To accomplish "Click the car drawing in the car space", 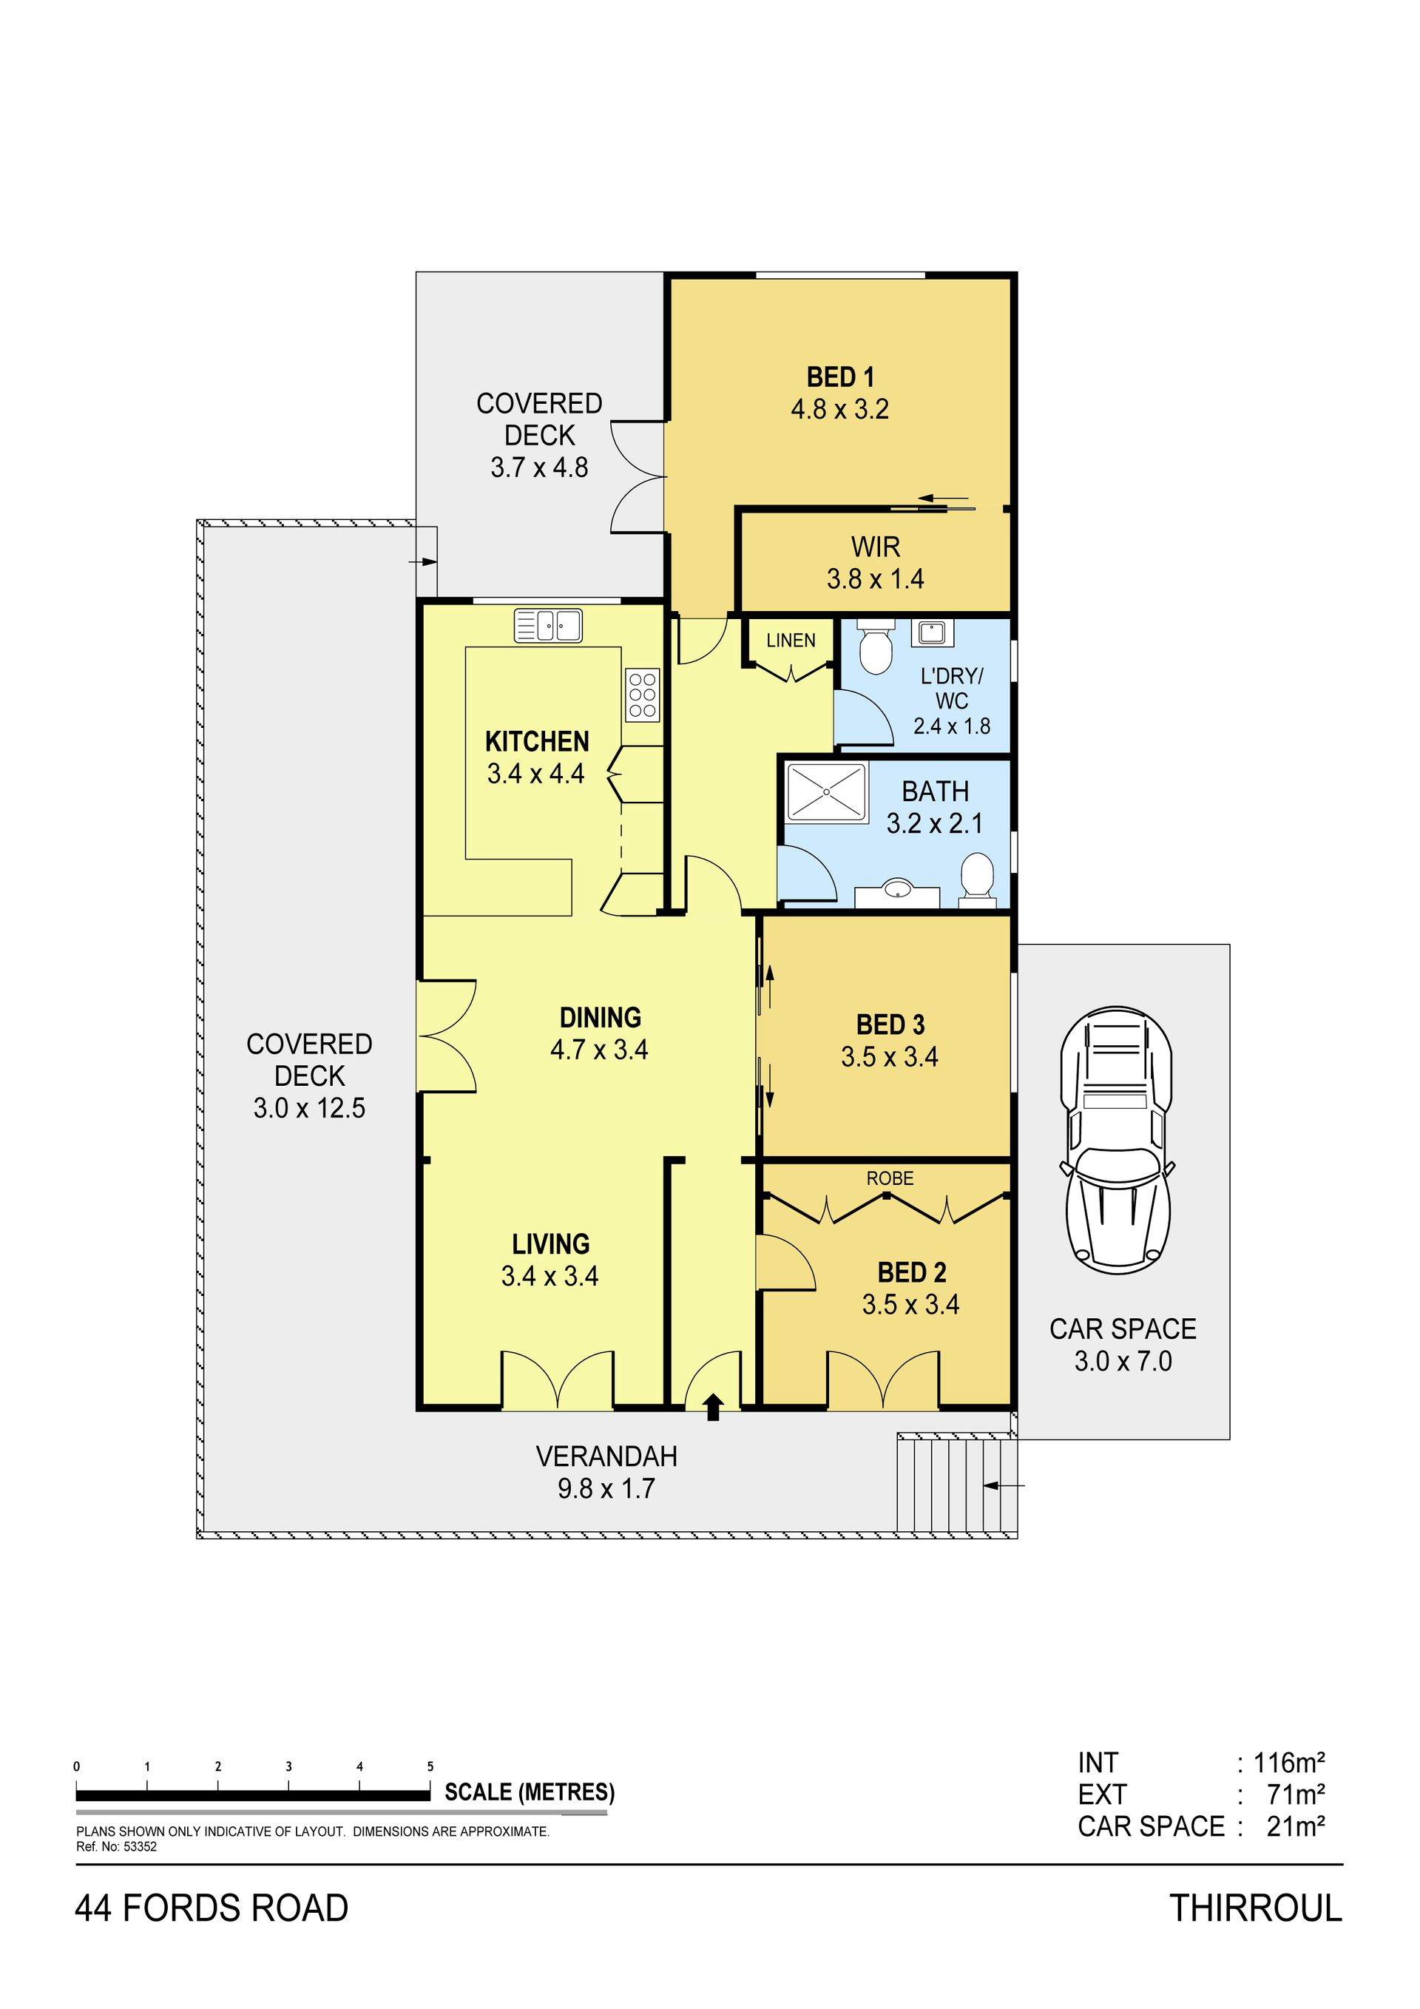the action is click(1117, 1139).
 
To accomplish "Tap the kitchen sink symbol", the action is click(548, 626).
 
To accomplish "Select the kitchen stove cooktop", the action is click(642, 695).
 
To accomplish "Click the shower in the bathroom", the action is click(826, 792).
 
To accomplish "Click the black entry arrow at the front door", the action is click(713, 1406).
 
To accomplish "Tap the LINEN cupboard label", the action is click(790, 641).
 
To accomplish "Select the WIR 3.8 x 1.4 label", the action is click(875, 563).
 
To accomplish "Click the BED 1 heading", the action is click(840, 377).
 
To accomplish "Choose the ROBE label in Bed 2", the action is click(890, 1178).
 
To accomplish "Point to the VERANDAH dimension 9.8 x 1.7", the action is click(606, 1488).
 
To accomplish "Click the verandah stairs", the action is click(956, 1482).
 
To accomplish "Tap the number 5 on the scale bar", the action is click(430, 1766).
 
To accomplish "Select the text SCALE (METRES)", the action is click(530, 1793).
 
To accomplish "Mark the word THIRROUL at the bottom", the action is click(1256, 1908).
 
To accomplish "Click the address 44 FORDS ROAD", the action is click(212, 1908).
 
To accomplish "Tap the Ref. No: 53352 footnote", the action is click(116, 1847).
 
